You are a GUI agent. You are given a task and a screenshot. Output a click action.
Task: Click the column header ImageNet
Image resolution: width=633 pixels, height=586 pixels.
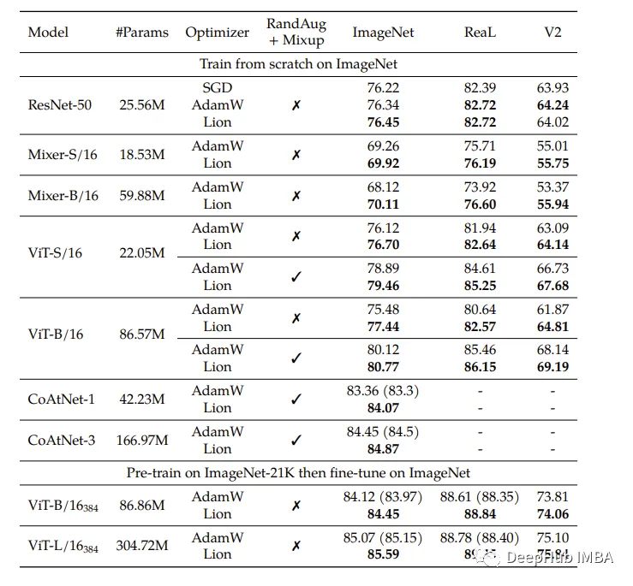(383, 33)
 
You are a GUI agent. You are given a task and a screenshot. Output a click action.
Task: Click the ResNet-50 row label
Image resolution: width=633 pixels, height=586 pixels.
(60, 105)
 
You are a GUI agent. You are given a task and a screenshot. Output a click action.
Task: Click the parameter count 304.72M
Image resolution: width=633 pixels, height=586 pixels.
(141, 545)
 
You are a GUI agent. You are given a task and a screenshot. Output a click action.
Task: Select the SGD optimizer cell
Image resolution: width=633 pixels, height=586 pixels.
(218, 87)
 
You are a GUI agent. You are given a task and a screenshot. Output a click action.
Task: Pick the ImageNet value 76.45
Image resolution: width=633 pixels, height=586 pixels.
(383, 122)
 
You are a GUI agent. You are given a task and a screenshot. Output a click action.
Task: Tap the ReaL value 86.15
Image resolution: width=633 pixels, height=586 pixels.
(480, 367)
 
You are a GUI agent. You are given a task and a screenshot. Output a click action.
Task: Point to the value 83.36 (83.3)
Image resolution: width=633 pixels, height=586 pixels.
(383, 391)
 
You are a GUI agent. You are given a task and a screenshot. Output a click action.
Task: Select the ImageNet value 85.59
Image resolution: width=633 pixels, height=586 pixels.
(383, 554)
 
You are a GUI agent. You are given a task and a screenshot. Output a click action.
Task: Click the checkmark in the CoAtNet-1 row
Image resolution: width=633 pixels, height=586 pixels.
(296, 400)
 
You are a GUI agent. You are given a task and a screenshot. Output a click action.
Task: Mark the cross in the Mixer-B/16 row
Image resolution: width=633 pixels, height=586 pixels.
(296, 196)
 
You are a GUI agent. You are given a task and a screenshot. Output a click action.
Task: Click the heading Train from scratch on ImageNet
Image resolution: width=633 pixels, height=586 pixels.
(298, 64)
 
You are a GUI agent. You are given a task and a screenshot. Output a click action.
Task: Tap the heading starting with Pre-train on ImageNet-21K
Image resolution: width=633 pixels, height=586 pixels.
(298, 472)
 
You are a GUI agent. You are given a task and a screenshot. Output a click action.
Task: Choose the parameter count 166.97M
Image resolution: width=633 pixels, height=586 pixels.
(141, 441)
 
